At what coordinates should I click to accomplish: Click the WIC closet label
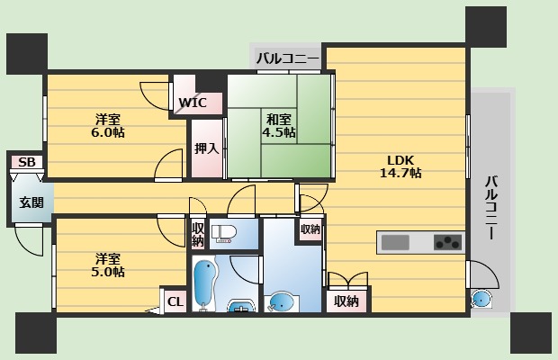[x=193, y=103]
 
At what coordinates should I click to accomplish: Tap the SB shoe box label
[x=27, y=162]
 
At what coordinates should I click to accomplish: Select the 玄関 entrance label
[x=31, y=202]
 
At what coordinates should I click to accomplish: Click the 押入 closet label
[x=206, y=148]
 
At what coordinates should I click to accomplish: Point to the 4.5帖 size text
[x=279, y=132]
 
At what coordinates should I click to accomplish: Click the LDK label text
[x=400, y=159]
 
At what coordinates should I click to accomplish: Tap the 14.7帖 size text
[x=400, y=173]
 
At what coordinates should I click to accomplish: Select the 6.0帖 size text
[x=108, y=132]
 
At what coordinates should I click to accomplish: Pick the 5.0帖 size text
[x=108, y=272]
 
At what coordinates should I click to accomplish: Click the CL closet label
[x=175, y=302]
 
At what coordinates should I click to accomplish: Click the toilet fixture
[x=223, y=234]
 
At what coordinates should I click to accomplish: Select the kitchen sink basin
[x=395, y=243]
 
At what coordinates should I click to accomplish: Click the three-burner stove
[x=447, y=242]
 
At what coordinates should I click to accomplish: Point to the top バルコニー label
[x=287, y=58]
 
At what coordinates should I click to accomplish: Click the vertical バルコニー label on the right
[x=491, y=207]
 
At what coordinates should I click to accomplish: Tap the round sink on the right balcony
[x=481, y=299]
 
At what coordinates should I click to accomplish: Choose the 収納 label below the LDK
[x=346, y=301]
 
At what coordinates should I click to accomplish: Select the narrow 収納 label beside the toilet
[x=198, y=234]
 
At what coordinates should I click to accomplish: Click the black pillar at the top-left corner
[x=27, y=54]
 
